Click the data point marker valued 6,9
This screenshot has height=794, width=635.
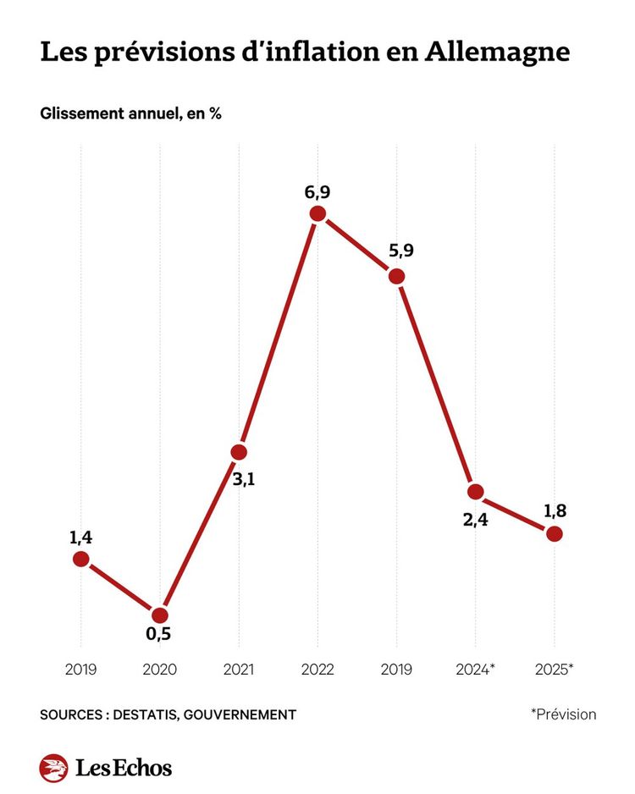(317, 213)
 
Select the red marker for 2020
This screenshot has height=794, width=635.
(159, 615)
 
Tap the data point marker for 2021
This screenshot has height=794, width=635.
(239, 452)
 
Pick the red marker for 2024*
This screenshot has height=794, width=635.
(475, 491)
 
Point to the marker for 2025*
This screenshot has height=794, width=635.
(555, 533)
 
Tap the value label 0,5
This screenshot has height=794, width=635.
(160, 634)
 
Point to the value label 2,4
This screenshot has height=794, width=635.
(475, 519)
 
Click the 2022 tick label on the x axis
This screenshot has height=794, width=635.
(317, 670)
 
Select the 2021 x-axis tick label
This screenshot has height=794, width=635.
(239, 670)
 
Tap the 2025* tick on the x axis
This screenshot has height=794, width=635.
(555, 670)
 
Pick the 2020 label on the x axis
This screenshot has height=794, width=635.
(160, 670)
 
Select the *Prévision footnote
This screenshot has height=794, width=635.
(563, 714)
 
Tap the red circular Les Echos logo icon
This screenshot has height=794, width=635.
(53, 768)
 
